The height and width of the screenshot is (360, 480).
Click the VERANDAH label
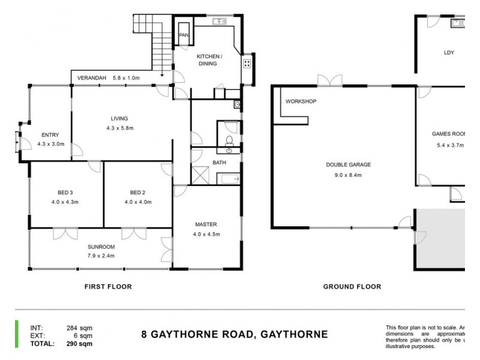pos(92,78)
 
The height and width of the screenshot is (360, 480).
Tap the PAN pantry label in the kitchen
pos(184,35)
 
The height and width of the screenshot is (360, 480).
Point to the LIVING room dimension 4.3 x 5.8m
pos(119,128)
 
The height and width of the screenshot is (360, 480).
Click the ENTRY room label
pos(50,135)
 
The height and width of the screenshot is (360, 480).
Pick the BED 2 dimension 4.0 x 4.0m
pos(138,202)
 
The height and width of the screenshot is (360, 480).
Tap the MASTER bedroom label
pos(206,225)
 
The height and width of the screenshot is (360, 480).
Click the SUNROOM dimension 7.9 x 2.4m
pos(100,256)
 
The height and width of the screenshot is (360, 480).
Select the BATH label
pos(219,163)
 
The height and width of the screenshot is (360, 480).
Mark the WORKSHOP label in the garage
pos(301,101)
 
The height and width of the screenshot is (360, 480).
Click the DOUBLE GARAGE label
pos(348,165)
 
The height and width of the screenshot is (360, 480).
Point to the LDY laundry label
pos(449,53)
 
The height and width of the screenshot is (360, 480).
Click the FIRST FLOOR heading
pos(108,287)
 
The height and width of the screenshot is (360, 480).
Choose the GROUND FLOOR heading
pos(352,287)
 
